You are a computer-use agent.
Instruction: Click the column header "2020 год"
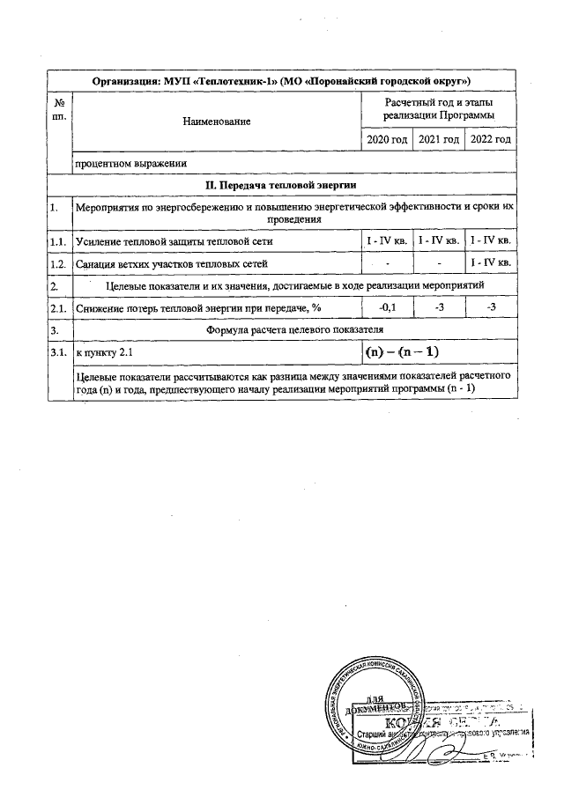pyautogui.click(x=387, y=140)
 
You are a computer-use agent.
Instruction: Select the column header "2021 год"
pyautogui.click(x=439, y=140)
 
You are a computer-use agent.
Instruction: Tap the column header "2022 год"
pyautogui.click(x=491, y=140)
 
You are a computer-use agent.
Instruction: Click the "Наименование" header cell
pyautogui.click(x=217, y=121)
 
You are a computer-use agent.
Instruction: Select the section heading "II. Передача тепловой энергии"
pyautogui.click(x=280, y=185)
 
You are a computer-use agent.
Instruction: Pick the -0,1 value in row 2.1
pyautogui.click(x=387, y=307)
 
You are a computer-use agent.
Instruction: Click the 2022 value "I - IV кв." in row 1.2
pyautogui.click(x=491, y=263)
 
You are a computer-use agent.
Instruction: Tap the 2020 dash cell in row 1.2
pyautogui.click(x=387, y=263)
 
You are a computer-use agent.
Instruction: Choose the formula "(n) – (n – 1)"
pyautogui.click(x=413, y=352)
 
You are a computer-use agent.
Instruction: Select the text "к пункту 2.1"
pyautogui.click(x=104, y=352)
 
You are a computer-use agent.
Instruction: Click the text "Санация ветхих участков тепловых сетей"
pyautogui.click(x=172, y=263)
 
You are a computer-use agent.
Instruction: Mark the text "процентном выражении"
pyautogui.click(x=130, y=163)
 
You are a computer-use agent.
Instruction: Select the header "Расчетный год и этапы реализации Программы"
pyautogui.click(x=439, y=109)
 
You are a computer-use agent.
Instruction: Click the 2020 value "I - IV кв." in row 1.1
pyautogui.click(x=387, y=240)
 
